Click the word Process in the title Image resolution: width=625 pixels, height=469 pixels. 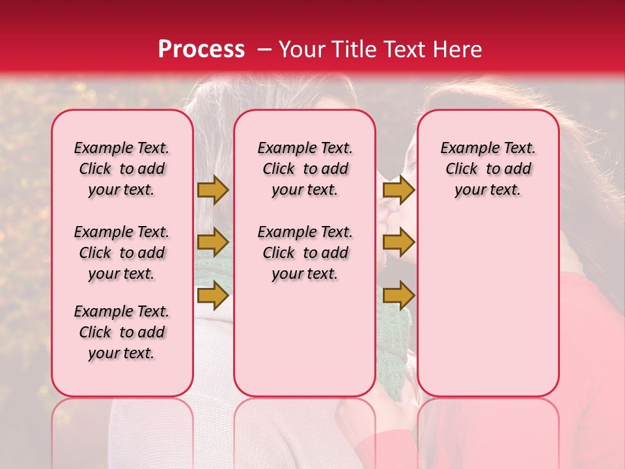(201, 50)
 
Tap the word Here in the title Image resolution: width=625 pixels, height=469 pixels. (456, 50)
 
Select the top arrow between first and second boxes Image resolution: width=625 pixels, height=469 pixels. (213, 190)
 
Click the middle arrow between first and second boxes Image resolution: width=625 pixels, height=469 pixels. (213, 242)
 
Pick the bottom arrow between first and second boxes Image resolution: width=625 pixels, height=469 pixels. (213, 296)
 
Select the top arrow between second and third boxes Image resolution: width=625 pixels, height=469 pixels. (398, 190)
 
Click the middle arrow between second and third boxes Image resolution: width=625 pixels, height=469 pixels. (398, 242)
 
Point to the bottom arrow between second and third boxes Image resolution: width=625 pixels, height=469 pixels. (398, 296)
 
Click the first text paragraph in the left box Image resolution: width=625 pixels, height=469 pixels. (122, 169)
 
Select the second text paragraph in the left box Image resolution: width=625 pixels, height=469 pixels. (122, 253)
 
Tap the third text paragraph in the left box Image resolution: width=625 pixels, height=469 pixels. (122, 332)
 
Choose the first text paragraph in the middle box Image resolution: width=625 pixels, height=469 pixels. (305, 169)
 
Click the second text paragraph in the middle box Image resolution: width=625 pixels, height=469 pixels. (305, 253)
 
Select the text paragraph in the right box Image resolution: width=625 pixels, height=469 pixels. (488, 169)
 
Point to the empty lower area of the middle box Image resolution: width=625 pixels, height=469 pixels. (305, 339)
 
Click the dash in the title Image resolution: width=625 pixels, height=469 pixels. (264, 50)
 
